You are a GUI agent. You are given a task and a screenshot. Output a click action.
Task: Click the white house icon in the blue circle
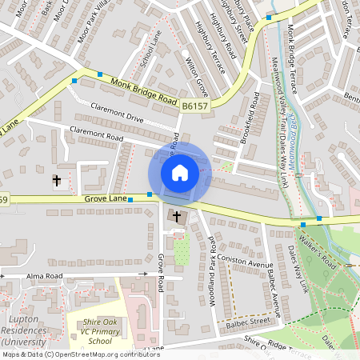tap(180, 172)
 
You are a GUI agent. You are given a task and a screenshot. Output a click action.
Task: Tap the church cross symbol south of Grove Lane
tap(177, 216)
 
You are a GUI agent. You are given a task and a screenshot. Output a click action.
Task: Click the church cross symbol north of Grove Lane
tap(57, 181)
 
